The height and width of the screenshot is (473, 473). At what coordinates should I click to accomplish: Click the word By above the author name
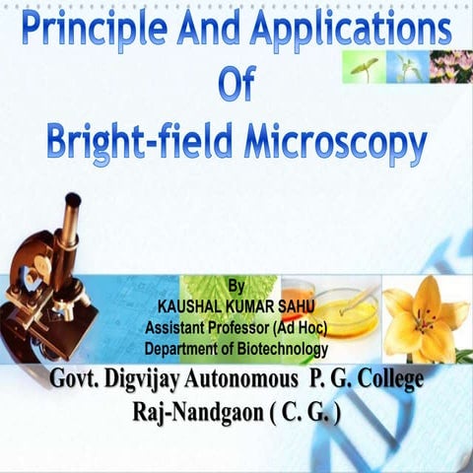235,286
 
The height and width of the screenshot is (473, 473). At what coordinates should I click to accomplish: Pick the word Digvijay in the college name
150,379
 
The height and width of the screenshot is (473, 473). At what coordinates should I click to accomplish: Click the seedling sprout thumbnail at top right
363,66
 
